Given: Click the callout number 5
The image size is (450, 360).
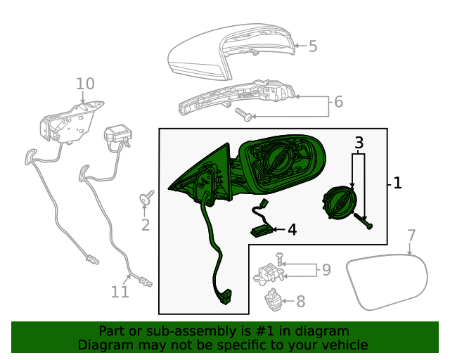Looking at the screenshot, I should pos(313,46).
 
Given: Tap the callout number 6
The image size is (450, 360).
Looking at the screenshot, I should pos(338,102).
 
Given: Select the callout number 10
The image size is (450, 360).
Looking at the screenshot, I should pos(85,84).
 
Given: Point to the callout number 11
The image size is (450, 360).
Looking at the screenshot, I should pos(120,291).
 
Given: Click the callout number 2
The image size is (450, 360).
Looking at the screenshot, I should pos(146,225).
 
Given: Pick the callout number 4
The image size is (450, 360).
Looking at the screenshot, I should pos(292,229).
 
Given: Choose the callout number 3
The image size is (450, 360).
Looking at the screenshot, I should pos(359,143).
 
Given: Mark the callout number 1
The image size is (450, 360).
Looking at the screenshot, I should pos(397,184).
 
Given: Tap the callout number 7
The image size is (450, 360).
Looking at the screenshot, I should pos(412,236).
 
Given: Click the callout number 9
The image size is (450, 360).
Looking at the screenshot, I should pos(326,269).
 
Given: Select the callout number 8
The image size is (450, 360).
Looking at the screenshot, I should pos(300,302).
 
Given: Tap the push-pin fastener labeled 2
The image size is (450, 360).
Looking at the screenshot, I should pos(147,198).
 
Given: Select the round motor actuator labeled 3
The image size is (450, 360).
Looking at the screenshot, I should pos(338,205).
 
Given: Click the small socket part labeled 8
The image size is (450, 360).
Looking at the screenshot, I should pos(273,301).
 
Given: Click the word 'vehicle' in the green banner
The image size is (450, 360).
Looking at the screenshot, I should pos(344,345).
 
